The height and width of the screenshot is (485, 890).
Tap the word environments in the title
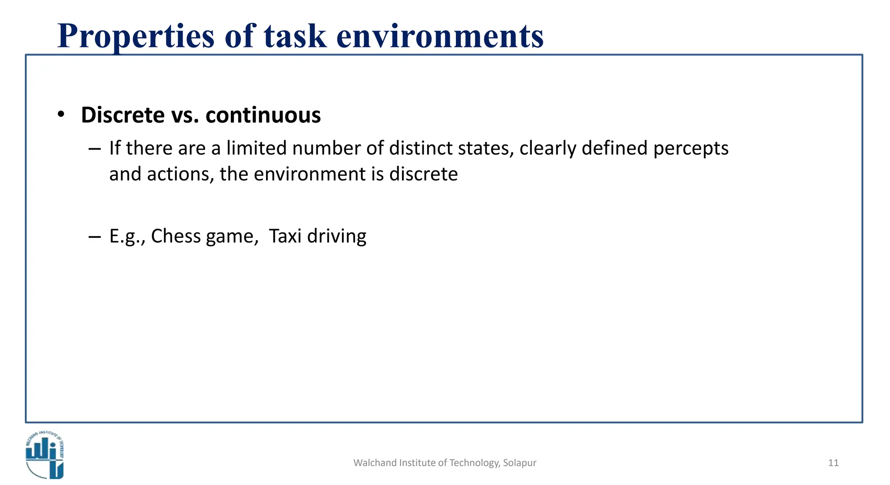point(440,37)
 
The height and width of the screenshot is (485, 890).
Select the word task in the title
point(295,37)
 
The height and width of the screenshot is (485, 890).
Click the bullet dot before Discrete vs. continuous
point(61,114)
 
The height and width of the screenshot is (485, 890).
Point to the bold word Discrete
point(123,115)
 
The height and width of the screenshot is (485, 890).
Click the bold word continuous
point(263,115)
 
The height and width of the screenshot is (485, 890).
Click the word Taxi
point(285,236)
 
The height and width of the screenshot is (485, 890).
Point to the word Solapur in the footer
point(519,463)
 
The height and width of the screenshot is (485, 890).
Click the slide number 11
point(833,463)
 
